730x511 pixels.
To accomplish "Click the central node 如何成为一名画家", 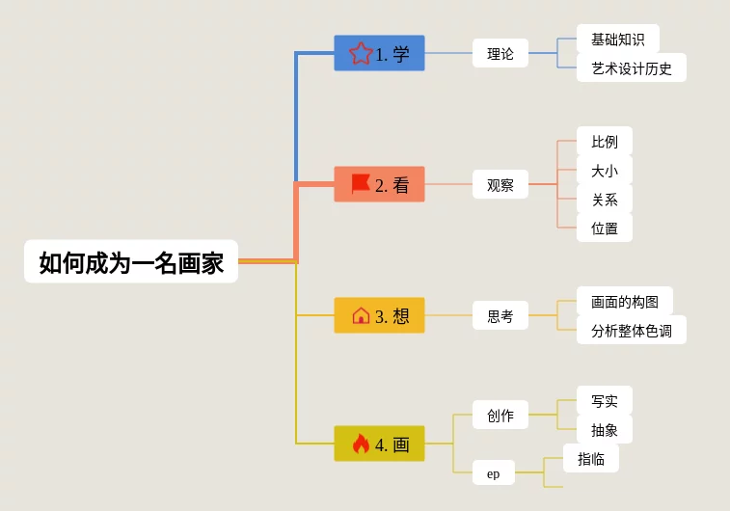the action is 131,262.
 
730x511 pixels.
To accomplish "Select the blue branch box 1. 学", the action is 379,54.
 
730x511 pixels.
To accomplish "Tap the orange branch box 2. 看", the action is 379,185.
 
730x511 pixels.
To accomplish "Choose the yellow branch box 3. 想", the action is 379,315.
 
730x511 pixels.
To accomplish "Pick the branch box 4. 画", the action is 379,444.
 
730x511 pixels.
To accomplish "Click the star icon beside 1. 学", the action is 361,53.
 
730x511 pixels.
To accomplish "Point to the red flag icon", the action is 361,183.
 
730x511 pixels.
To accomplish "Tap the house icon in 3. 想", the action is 361,315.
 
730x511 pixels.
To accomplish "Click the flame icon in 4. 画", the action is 361,444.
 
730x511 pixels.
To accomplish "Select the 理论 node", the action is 500,54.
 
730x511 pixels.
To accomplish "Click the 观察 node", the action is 500,185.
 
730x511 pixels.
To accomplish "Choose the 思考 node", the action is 500,315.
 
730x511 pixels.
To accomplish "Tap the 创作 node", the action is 500,416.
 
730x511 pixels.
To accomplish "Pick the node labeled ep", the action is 494,473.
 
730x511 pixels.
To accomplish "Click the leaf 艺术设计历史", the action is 632,68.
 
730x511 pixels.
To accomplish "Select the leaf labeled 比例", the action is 605,142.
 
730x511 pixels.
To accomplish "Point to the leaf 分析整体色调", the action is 632,331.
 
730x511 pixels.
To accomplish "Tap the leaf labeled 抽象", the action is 605,430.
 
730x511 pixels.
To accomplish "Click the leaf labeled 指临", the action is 591,459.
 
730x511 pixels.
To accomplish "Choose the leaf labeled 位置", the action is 605,229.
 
